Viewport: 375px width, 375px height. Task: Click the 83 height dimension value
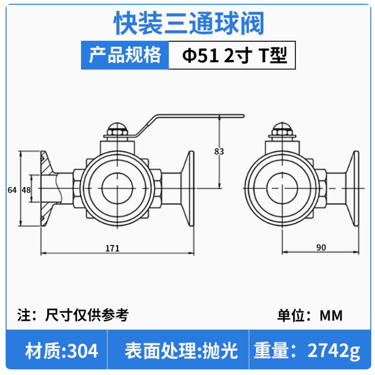tap(219, 151)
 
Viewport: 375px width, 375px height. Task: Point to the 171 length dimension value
tap(112, 248)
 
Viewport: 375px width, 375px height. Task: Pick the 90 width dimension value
tap(321, 247)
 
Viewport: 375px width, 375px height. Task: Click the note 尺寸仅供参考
tap(87, 315)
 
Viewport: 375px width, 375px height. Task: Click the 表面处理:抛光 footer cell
tap(181, 351)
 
